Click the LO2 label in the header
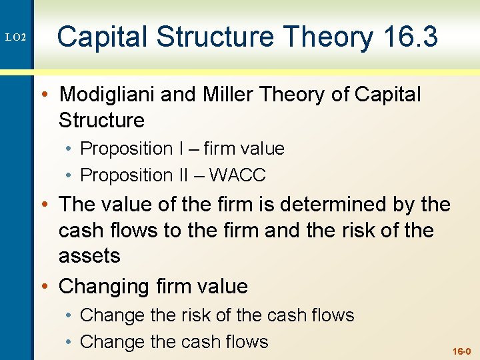(15, 38)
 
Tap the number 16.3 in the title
(411, 37)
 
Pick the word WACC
(237, 175)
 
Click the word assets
(89, 255)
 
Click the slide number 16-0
(461, 351)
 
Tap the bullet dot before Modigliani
(48, 95)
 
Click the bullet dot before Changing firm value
(48, 287)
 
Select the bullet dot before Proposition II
(71, 175)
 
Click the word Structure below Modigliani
(101, 121)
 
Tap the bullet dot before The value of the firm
(48, 205)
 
